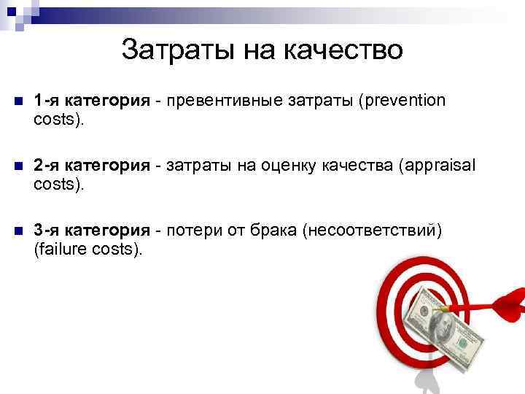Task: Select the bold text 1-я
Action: click(47, 100)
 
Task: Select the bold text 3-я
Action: click(47, 231)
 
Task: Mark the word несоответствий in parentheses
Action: click(376, 231)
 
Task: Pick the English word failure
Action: click(63, 250)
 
